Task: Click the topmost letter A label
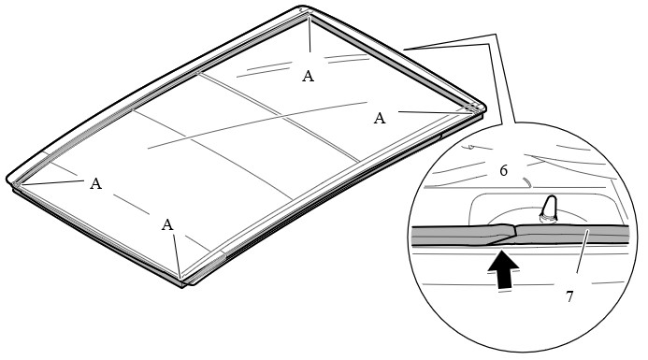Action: click(x=308, y=76)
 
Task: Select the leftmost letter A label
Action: click(x=96, y=183)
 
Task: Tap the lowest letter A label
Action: click(x=167, y=224)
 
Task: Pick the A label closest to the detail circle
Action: click(x=380, y=119)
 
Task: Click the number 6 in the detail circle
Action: click(x=503, y=170)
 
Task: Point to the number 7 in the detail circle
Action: click(x=569, y=296)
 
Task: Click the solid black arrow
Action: click(x=503, y=270)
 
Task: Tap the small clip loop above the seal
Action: click(x=549, y=209)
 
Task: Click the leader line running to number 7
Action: click(x=582, y=252)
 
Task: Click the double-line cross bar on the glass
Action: click(x=278, y=117)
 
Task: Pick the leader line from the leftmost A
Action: click(x=50, y=182)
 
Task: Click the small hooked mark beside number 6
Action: click(x=527, y=181)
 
